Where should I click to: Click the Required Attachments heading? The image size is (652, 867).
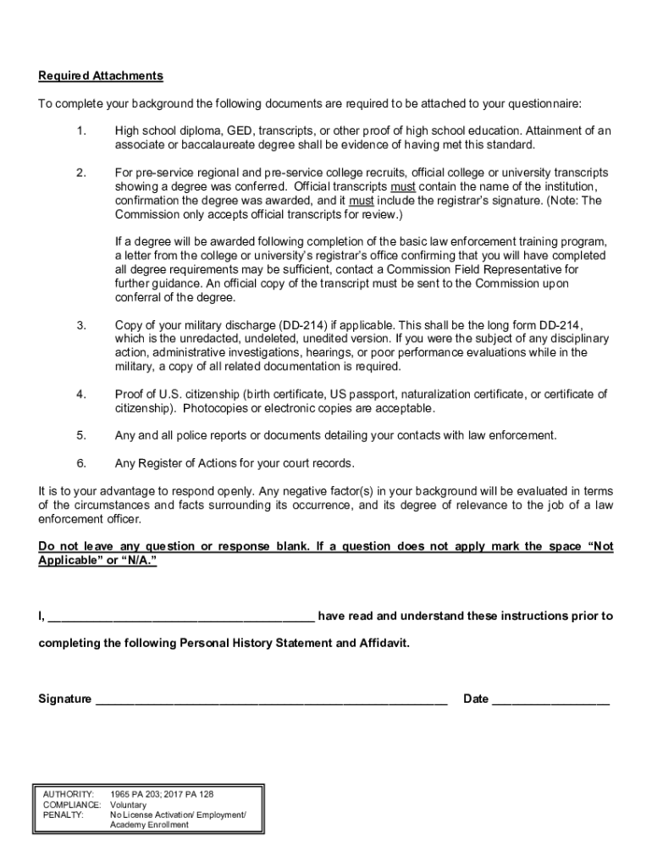tap(101, 76)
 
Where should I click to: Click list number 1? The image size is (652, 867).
tap(80, 131)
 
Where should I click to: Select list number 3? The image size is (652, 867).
tap(80, 326)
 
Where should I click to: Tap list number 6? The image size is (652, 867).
tap(80, 464)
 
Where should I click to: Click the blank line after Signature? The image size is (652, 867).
tap(271, 700)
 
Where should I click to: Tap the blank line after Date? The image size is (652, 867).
tap(550, 700)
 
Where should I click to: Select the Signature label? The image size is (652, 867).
tap(65, 699)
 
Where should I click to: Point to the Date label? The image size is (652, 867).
tap(476, 699)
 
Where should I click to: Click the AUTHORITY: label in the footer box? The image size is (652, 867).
tap(69, 794)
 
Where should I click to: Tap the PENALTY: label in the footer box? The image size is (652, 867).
tap(64, 815)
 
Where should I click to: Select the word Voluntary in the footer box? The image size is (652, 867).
tap(130, 804)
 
